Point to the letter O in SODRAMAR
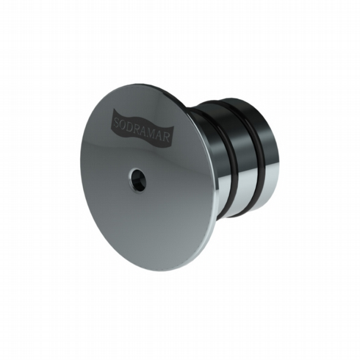pos(126,122)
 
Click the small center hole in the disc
pos(137,180)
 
